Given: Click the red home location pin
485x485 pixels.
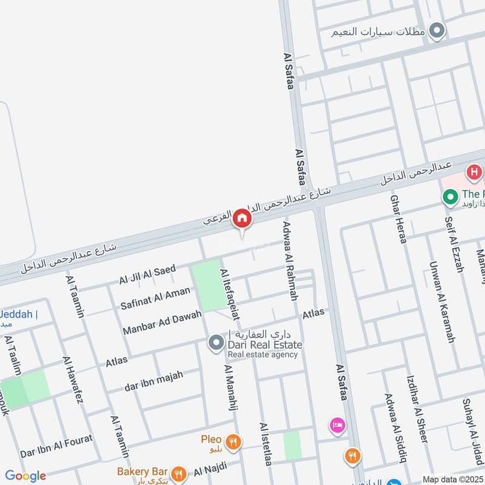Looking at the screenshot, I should [242, 219].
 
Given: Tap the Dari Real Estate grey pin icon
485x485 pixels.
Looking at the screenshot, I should [215, 344].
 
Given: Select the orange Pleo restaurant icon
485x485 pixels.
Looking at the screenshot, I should [231, 441].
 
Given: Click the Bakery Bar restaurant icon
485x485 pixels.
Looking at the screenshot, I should [178, 473].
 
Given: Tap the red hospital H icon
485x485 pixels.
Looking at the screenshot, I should [473, 173].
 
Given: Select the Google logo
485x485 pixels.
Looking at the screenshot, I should [25, 476].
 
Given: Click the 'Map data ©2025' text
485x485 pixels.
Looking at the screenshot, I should [453, 479].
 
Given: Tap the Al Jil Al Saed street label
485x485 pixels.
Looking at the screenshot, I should [147, 274].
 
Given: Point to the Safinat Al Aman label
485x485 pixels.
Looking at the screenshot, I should [155, 296].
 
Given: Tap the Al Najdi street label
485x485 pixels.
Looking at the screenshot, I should [210, 468].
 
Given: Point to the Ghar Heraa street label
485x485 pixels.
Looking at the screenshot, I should [398, 219].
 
